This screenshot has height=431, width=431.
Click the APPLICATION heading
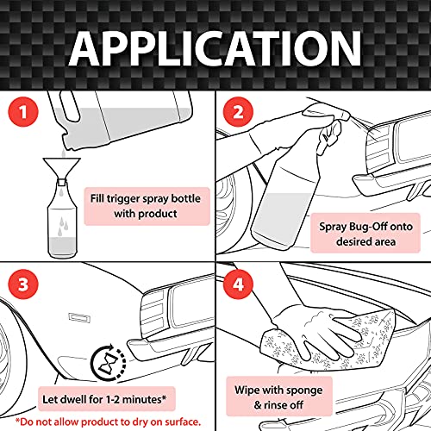(215, 48)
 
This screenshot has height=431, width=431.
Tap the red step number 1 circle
(23, 111)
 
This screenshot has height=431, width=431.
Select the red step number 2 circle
(238, 111)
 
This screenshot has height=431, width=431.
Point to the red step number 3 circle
(23, 284)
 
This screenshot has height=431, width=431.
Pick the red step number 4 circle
(238, 284)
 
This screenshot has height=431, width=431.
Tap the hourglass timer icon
(109, 362)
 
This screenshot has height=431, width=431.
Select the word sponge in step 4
(304, 390)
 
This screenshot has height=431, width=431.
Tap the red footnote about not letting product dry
(108, 422)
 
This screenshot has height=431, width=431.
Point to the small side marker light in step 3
(79, 317)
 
